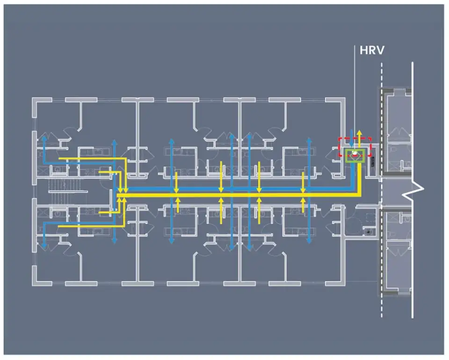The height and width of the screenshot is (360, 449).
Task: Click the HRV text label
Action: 371,50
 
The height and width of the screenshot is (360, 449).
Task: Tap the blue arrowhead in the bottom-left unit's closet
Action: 44,244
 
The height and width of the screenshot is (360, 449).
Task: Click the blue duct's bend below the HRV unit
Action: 352,189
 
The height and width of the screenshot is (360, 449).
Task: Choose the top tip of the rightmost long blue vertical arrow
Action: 308,139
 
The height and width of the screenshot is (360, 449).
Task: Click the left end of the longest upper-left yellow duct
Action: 60,159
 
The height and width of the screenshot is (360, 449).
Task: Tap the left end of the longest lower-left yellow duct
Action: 60,227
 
